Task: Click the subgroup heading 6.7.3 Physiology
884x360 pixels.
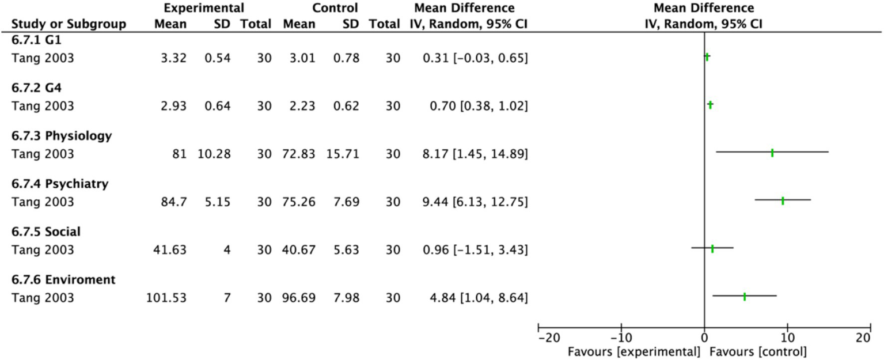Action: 62,136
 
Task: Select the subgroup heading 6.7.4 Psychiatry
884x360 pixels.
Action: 60,184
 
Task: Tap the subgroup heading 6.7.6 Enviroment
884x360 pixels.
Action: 63,280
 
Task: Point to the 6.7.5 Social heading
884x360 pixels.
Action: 46,232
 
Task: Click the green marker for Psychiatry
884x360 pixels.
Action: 783,200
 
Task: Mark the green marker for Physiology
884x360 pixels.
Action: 772,153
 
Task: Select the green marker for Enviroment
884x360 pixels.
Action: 745,297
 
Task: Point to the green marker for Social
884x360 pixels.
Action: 712,249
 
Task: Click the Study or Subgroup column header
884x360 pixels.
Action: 69,24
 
